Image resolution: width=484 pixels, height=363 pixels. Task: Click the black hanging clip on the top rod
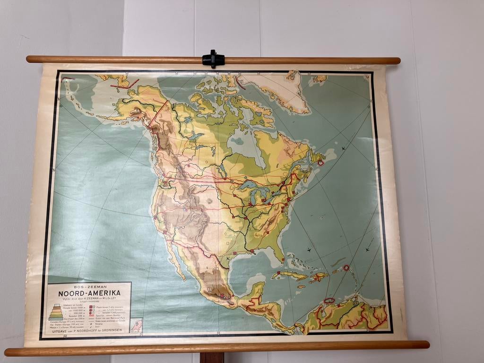(213, 60)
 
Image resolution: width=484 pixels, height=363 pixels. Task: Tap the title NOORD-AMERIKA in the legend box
(89, 293)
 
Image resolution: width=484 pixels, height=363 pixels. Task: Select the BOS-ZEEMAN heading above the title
(89, 286)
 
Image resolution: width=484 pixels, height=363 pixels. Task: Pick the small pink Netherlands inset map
(136, 325)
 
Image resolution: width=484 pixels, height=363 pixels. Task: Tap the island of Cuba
(289, 276)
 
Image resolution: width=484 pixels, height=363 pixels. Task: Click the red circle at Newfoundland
(320, 162)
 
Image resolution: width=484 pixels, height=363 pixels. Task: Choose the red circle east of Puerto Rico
(346, 268)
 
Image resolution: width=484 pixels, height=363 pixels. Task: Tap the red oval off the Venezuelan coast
(329, 300)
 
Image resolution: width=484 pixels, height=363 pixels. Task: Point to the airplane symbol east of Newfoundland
(343, 149)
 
